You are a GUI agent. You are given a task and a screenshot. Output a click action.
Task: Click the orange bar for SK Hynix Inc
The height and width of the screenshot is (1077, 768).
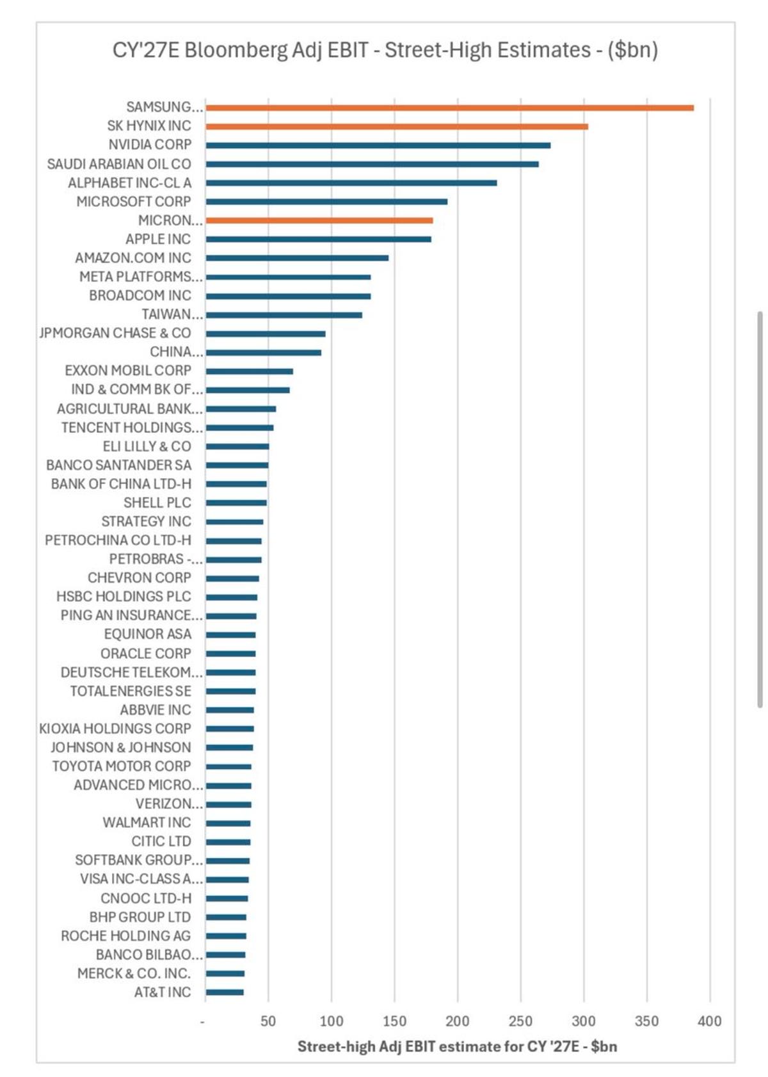point(397,126)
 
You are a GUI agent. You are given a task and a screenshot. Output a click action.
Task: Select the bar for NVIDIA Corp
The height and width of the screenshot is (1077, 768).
point(378,145)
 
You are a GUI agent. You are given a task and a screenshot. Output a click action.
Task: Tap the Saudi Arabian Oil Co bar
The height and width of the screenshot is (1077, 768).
point(372,164)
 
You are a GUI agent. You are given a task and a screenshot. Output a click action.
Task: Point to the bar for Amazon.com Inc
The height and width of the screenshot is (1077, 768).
point(297,258)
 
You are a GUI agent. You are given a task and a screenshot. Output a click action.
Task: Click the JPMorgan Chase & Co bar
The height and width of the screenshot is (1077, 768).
point(266,334)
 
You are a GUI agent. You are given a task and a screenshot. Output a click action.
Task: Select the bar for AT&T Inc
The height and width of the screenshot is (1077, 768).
point(225,992)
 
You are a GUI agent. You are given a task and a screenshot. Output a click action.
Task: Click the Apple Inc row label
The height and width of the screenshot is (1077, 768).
point(158,239)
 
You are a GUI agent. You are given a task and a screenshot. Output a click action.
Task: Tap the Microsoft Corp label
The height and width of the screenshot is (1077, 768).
point(134,202)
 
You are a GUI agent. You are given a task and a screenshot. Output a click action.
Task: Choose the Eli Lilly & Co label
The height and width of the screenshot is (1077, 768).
point(147,446)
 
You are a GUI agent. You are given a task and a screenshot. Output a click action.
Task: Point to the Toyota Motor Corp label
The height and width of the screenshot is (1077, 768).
point(122,766)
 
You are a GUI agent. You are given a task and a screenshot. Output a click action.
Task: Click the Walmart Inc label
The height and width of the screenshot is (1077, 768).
point(147,822)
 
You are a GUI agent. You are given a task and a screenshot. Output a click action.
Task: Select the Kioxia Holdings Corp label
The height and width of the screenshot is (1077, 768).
point(115,728)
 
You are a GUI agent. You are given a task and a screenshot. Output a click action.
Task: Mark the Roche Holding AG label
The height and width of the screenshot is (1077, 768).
point(126,935)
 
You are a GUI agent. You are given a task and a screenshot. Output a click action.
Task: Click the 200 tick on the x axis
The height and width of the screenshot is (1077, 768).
point(457,1021)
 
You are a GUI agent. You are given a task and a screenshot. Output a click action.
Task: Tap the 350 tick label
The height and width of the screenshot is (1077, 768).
point(646,1021)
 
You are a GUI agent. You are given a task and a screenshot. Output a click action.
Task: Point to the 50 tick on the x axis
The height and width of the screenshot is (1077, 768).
point(268,1021)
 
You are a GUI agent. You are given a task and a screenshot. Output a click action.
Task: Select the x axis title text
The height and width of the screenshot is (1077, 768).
point(457,1046)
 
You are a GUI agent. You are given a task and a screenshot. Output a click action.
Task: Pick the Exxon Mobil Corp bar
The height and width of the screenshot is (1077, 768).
point(250,371)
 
